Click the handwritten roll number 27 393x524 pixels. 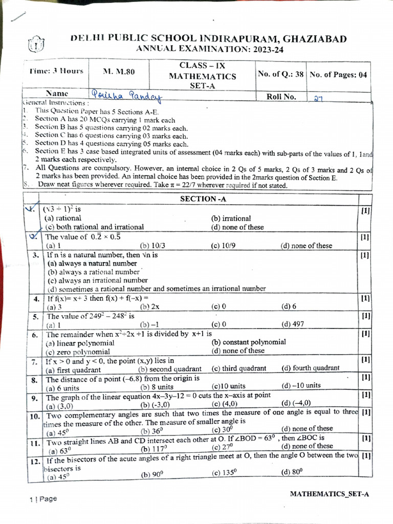point(318,98)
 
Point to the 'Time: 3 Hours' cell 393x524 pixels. point(56,71)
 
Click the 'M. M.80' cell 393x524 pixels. point(119,72)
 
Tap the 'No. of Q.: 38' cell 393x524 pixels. point(281,74)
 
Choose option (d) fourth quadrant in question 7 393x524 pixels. point(310,368)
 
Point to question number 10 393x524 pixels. point(35,417)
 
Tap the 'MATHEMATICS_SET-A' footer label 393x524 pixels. point(329,494)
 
